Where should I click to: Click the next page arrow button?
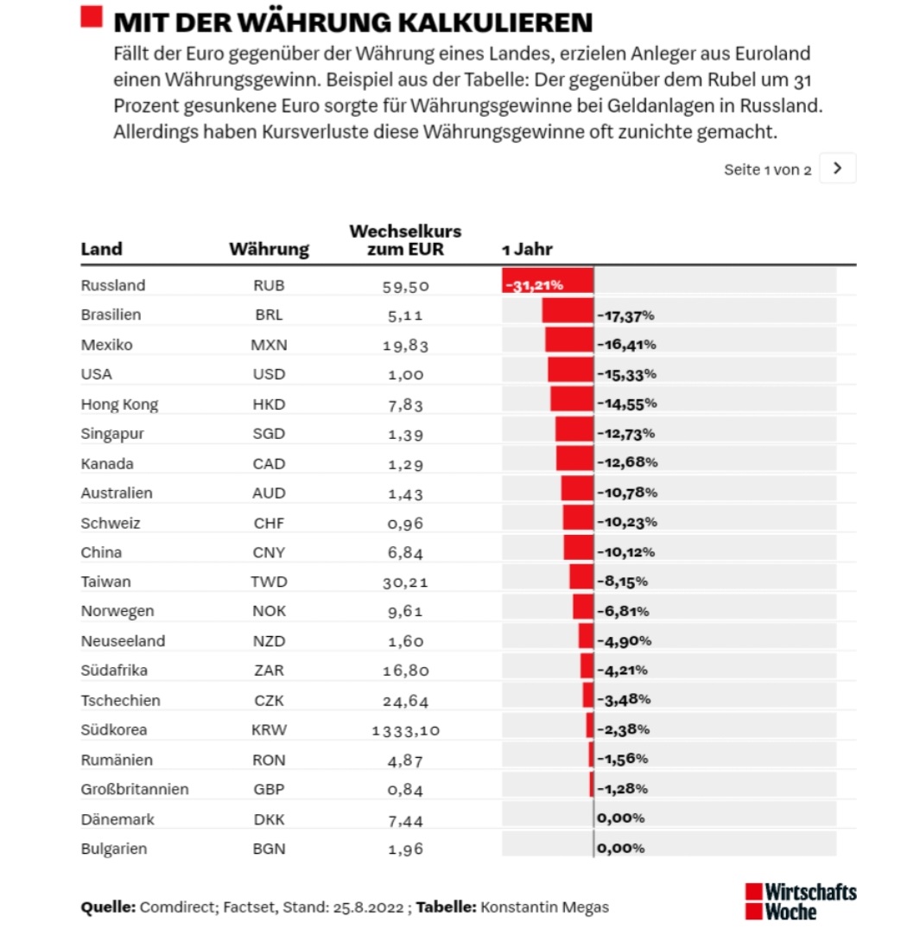click(x=837, y=169)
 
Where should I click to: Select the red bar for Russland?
click(x=548, y=282)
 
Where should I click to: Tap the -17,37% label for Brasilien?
click(x=625, y=315)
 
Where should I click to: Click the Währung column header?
click(x=269, y=250)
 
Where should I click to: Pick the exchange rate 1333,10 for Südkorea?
click(x=405, y=730)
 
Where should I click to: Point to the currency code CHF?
click(x=269, y=523)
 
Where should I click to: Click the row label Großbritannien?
click(x=135, y=789)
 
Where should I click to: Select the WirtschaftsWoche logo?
click(x=800, y=901)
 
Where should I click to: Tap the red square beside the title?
click(x=92, y=17)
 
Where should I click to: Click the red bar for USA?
click(x=571, y=374)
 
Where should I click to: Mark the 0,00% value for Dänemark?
click(x=620, y=818)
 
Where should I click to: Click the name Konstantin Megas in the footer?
click(x=544, y=907)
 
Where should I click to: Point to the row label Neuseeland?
click(x=123, y=641)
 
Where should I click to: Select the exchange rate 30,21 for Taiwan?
click(x=405, y=582)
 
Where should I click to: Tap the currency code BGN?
click(x=269, y=849)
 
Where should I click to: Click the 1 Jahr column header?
click(x=527, y=250)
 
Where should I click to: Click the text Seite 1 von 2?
click(x=767, y=169)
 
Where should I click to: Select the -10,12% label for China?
click(x=625, y=552)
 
